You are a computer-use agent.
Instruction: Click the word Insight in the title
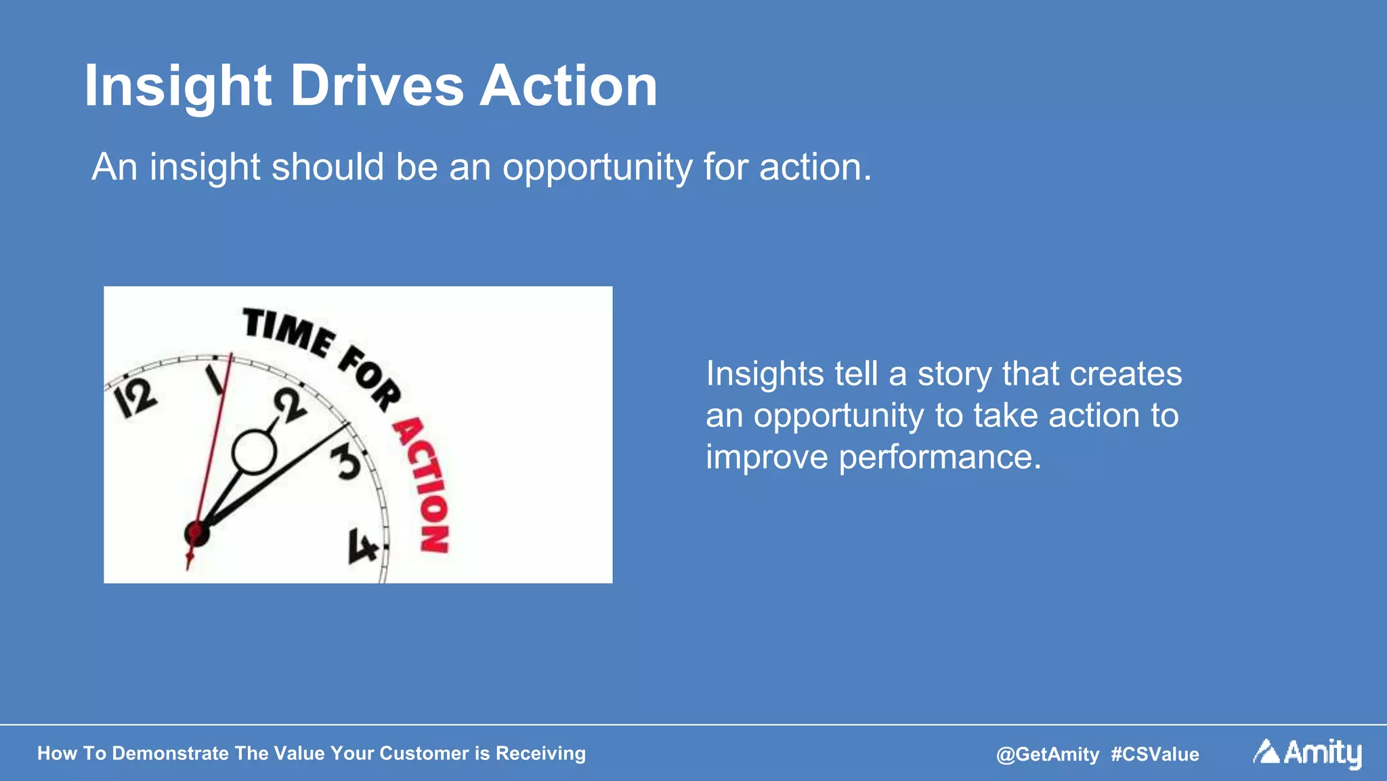pyautogui.click(x=177, y=86)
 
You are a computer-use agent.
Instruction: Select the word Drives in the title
pyautogui.click(x=377, y=86)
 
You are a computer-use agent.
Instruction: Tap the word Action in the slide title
pyautogui.click(x=568, y=86)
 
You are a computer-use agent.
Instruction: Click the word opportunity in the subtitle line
pyautogui.click(x=597, y=168)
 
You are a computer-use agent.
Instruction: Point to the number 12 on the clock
pyautogui.click(x=135, y=398)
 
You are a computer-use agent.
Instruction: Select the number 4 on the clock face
pyautogui.click(x=362, y=546)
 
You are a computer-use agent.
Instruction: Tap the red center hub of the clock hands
pyautogui.click(x=196, y=532)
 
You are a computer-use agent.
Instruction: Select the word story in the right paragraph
pyautogui.click(x=954, y=375)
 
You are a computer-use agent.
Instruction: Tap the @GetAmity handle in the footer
pyautogui.click(x=1047, y=754)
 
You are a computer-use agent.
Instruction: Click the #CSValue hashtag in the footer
pyautogui.click(x=1155, y=754)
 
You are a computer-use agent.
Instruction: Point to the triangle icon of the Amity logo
pyautogui.click(x=1266, y=751)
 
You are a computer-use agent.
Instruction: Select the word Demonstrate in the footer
pyautogui.click(x=170, y=753)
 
